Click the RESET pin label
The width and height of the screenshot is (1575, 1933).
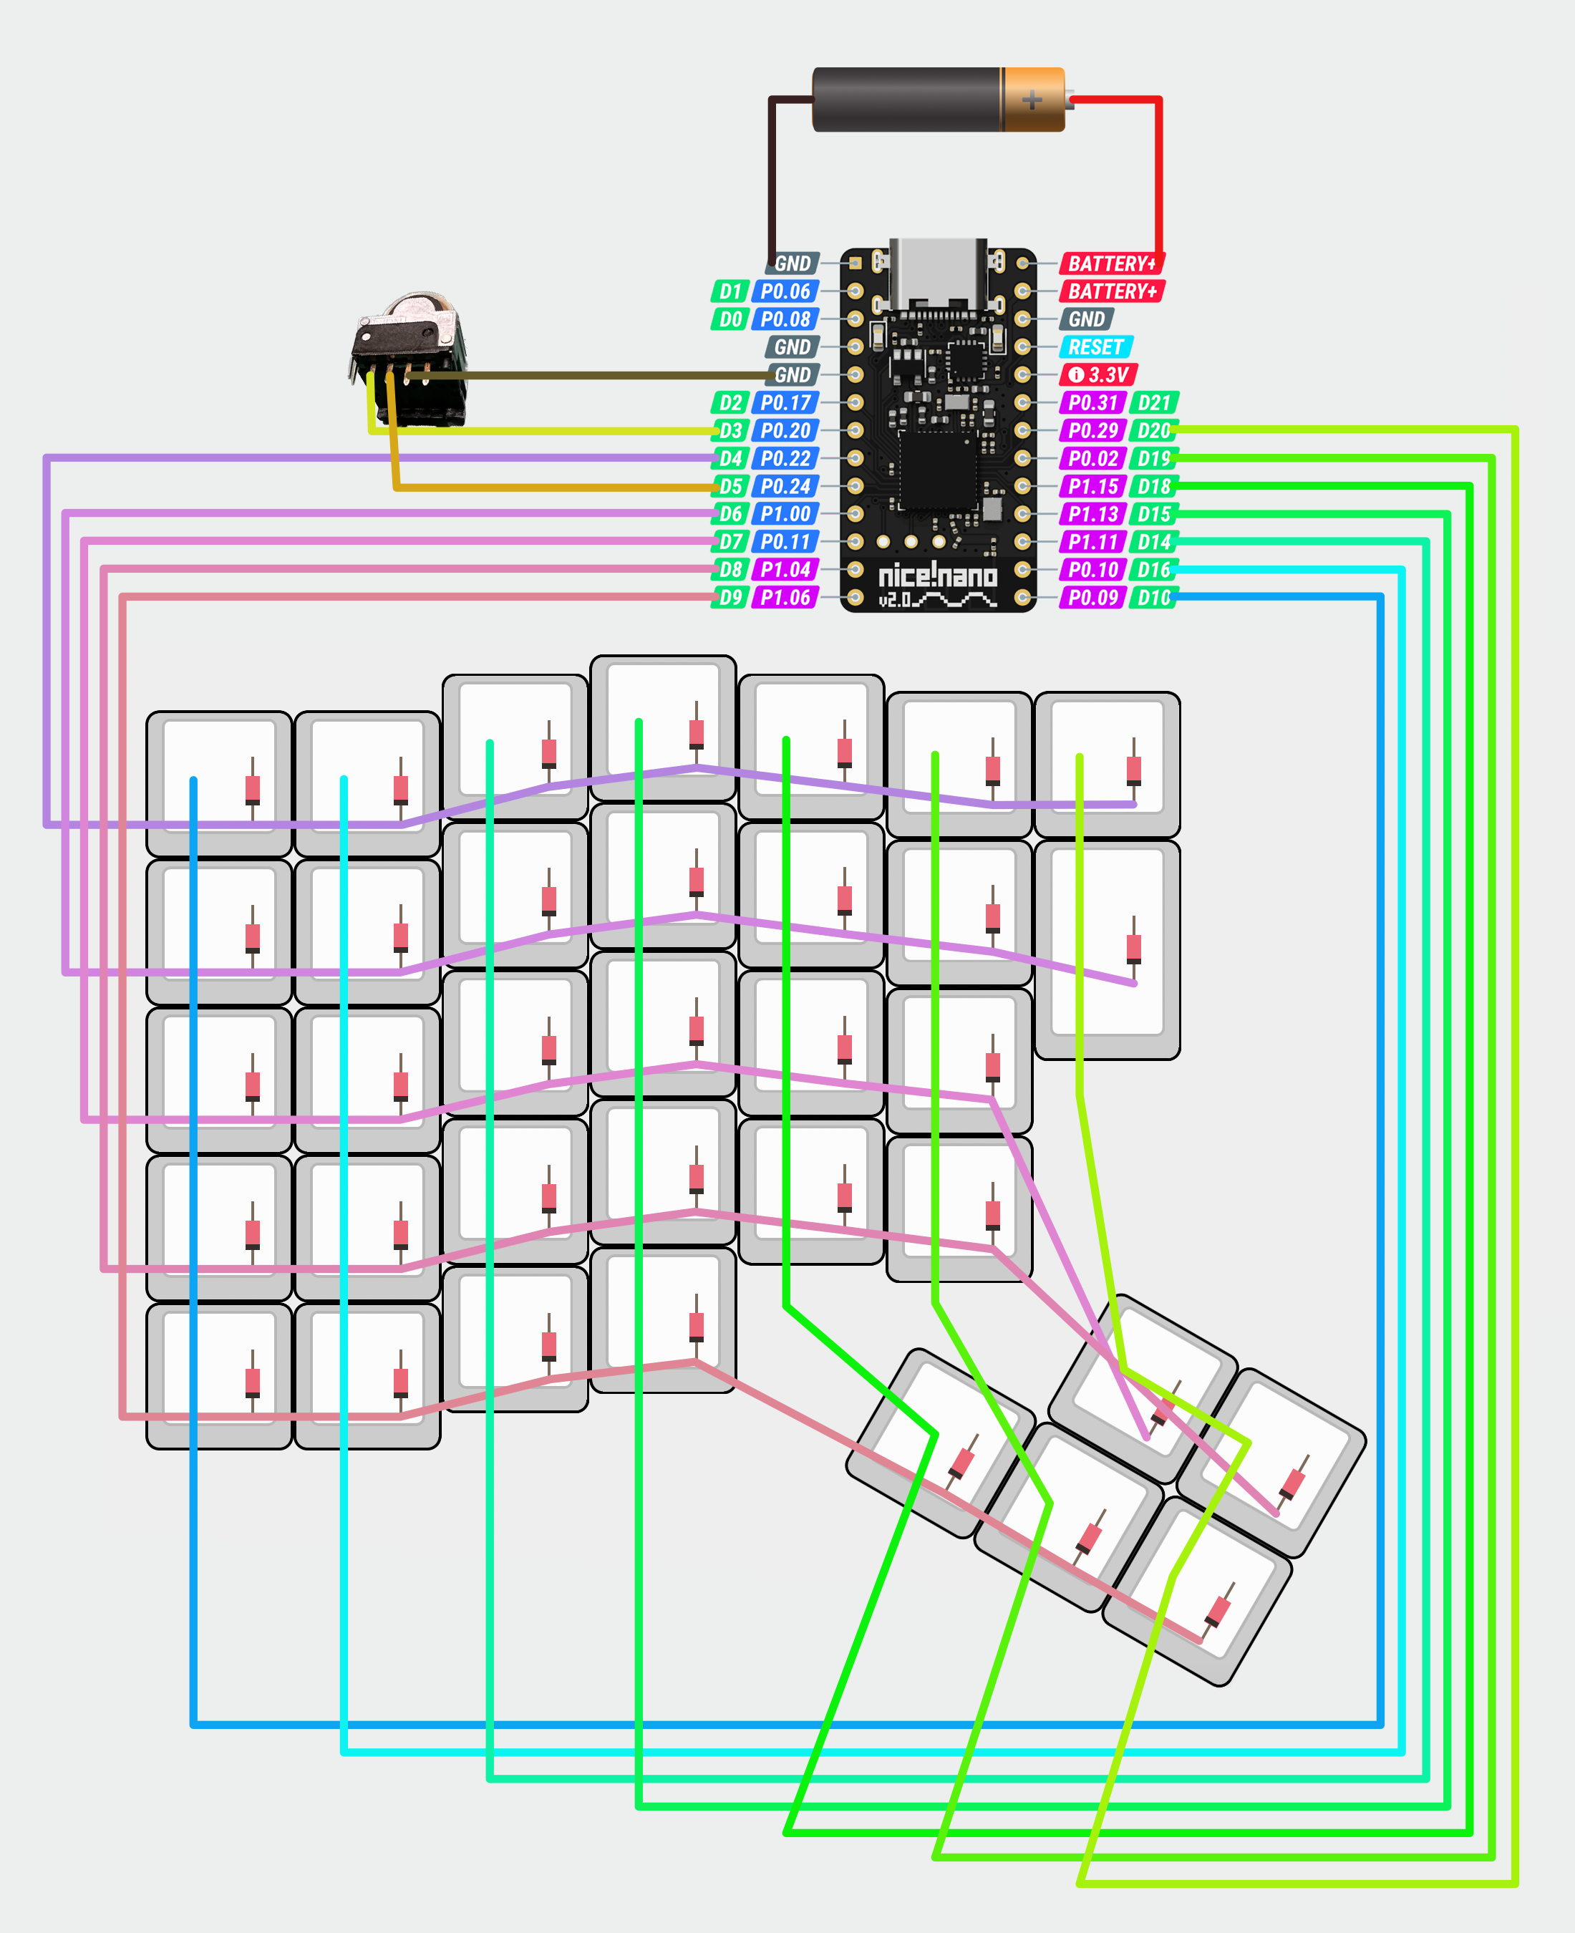(1095, 347)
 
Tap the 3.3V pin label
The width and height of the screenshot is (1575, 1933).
(1099, 374)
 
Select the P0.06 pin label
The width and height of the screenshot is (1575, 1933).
(785, 291)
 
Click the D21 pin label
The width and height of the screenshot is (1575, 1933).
(1154, 403)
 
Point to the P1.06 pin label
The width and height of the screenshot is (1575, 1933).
(785, 597)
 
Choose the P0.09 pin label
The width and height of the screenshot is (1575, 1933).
(1092, 597)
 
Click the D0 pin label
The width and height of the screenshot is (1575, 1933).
(730, 319)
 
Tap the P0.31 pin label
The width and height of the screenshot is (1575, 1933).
(1092, 403)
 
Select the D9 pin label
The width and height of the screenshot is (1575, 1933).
(730, 597)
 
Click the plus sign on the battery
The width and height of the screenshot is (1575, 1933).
(1032, 99)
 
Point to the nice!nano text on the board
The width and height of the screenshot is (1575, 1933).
(937, 575)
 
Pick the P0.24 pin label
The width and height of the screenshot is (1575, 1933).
(785, 486)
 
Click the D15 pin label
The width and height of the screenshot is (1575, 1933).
(1154, 514)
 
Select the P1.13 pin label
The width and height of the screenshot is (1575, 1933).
(1092, 514)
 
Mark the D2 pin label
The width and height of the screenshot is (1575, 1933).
(730, 403)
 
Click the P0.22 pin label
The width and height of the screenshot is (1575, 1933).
(785, 458)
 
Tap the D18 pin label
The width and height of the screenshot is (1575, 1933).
(1154, 486)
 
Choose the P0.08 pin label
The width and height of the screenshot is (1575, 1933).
(785, 319)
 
